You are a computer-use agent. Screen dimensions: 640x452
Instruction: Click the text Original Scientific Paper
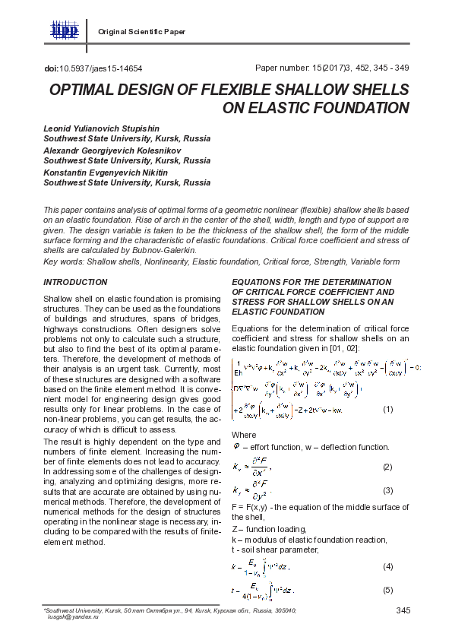tap(142, 31)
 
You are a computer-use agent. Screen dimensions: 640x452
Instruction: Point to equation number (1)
tap(387, 410)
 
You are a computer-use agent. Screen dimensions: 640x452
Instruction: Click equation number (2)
tap(387, 466)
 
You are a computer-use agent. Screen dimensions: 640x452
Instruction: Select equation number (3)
tap(387, 490)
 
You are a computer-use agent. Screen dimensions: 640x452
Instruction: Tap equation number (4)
tap(387, 566)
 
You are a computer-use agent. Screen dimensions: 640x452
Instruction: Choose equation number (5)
tap(387, 590)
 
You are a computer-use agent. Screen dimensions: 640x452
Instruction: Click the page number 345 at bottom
tap(403, 610)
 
